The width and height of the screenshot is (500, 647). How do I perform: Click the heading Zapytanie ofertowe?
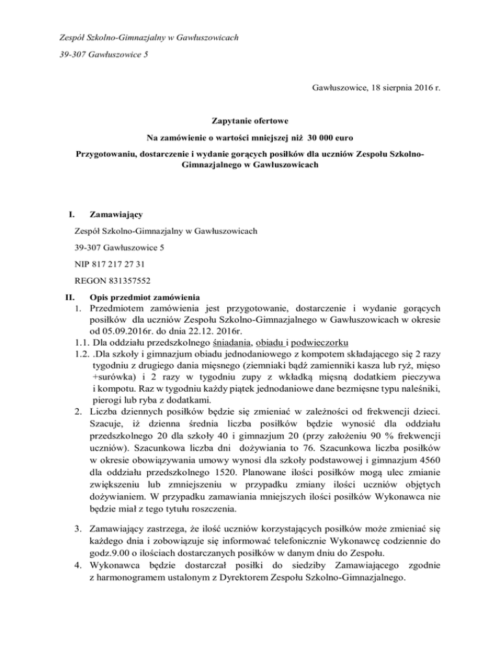[x=250, y=121]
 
